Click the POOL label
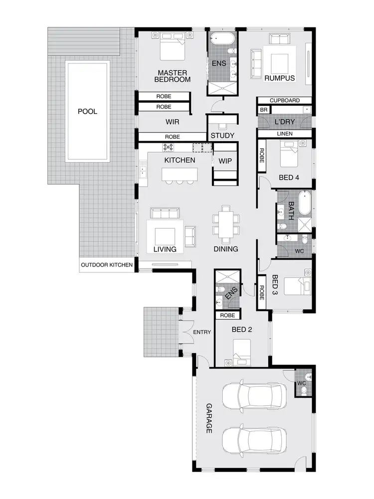[x=87, y=111]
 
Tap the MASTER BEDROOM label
[x=173, y=75]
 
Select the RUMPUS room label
[x=280, y=78]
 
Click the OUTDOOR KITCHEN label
[x=107, y=265]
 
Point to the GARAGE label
[x=209, y=418]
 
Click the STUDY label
[x=222, y=136]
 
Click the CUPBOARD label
[x=285, y=100]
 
